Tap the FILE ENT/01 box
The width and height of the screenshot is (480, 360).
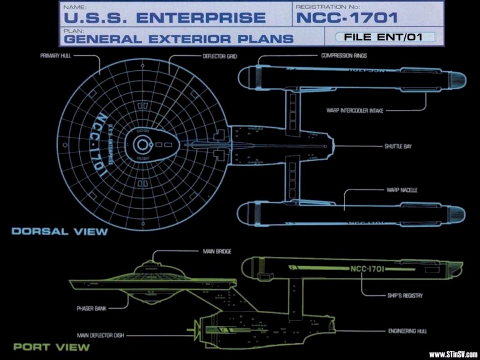point(380,37)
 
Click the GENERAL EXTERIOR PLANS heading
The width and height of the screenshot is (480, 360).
point(178,39)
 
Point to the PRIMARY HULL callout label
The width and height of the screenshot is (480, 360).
point(56,56)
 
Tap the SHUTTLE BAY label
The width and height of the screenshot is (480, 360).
point(398,146)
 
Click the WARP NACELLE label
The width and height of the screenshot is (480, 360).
point(401,190)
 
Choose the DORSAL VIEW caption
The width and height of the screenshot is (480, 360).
point(59,231)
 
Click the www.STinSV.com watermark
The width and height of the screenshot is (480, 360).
point(452,353)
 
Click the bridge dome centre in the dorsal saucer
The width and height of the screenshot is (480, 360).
point(142,145)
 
